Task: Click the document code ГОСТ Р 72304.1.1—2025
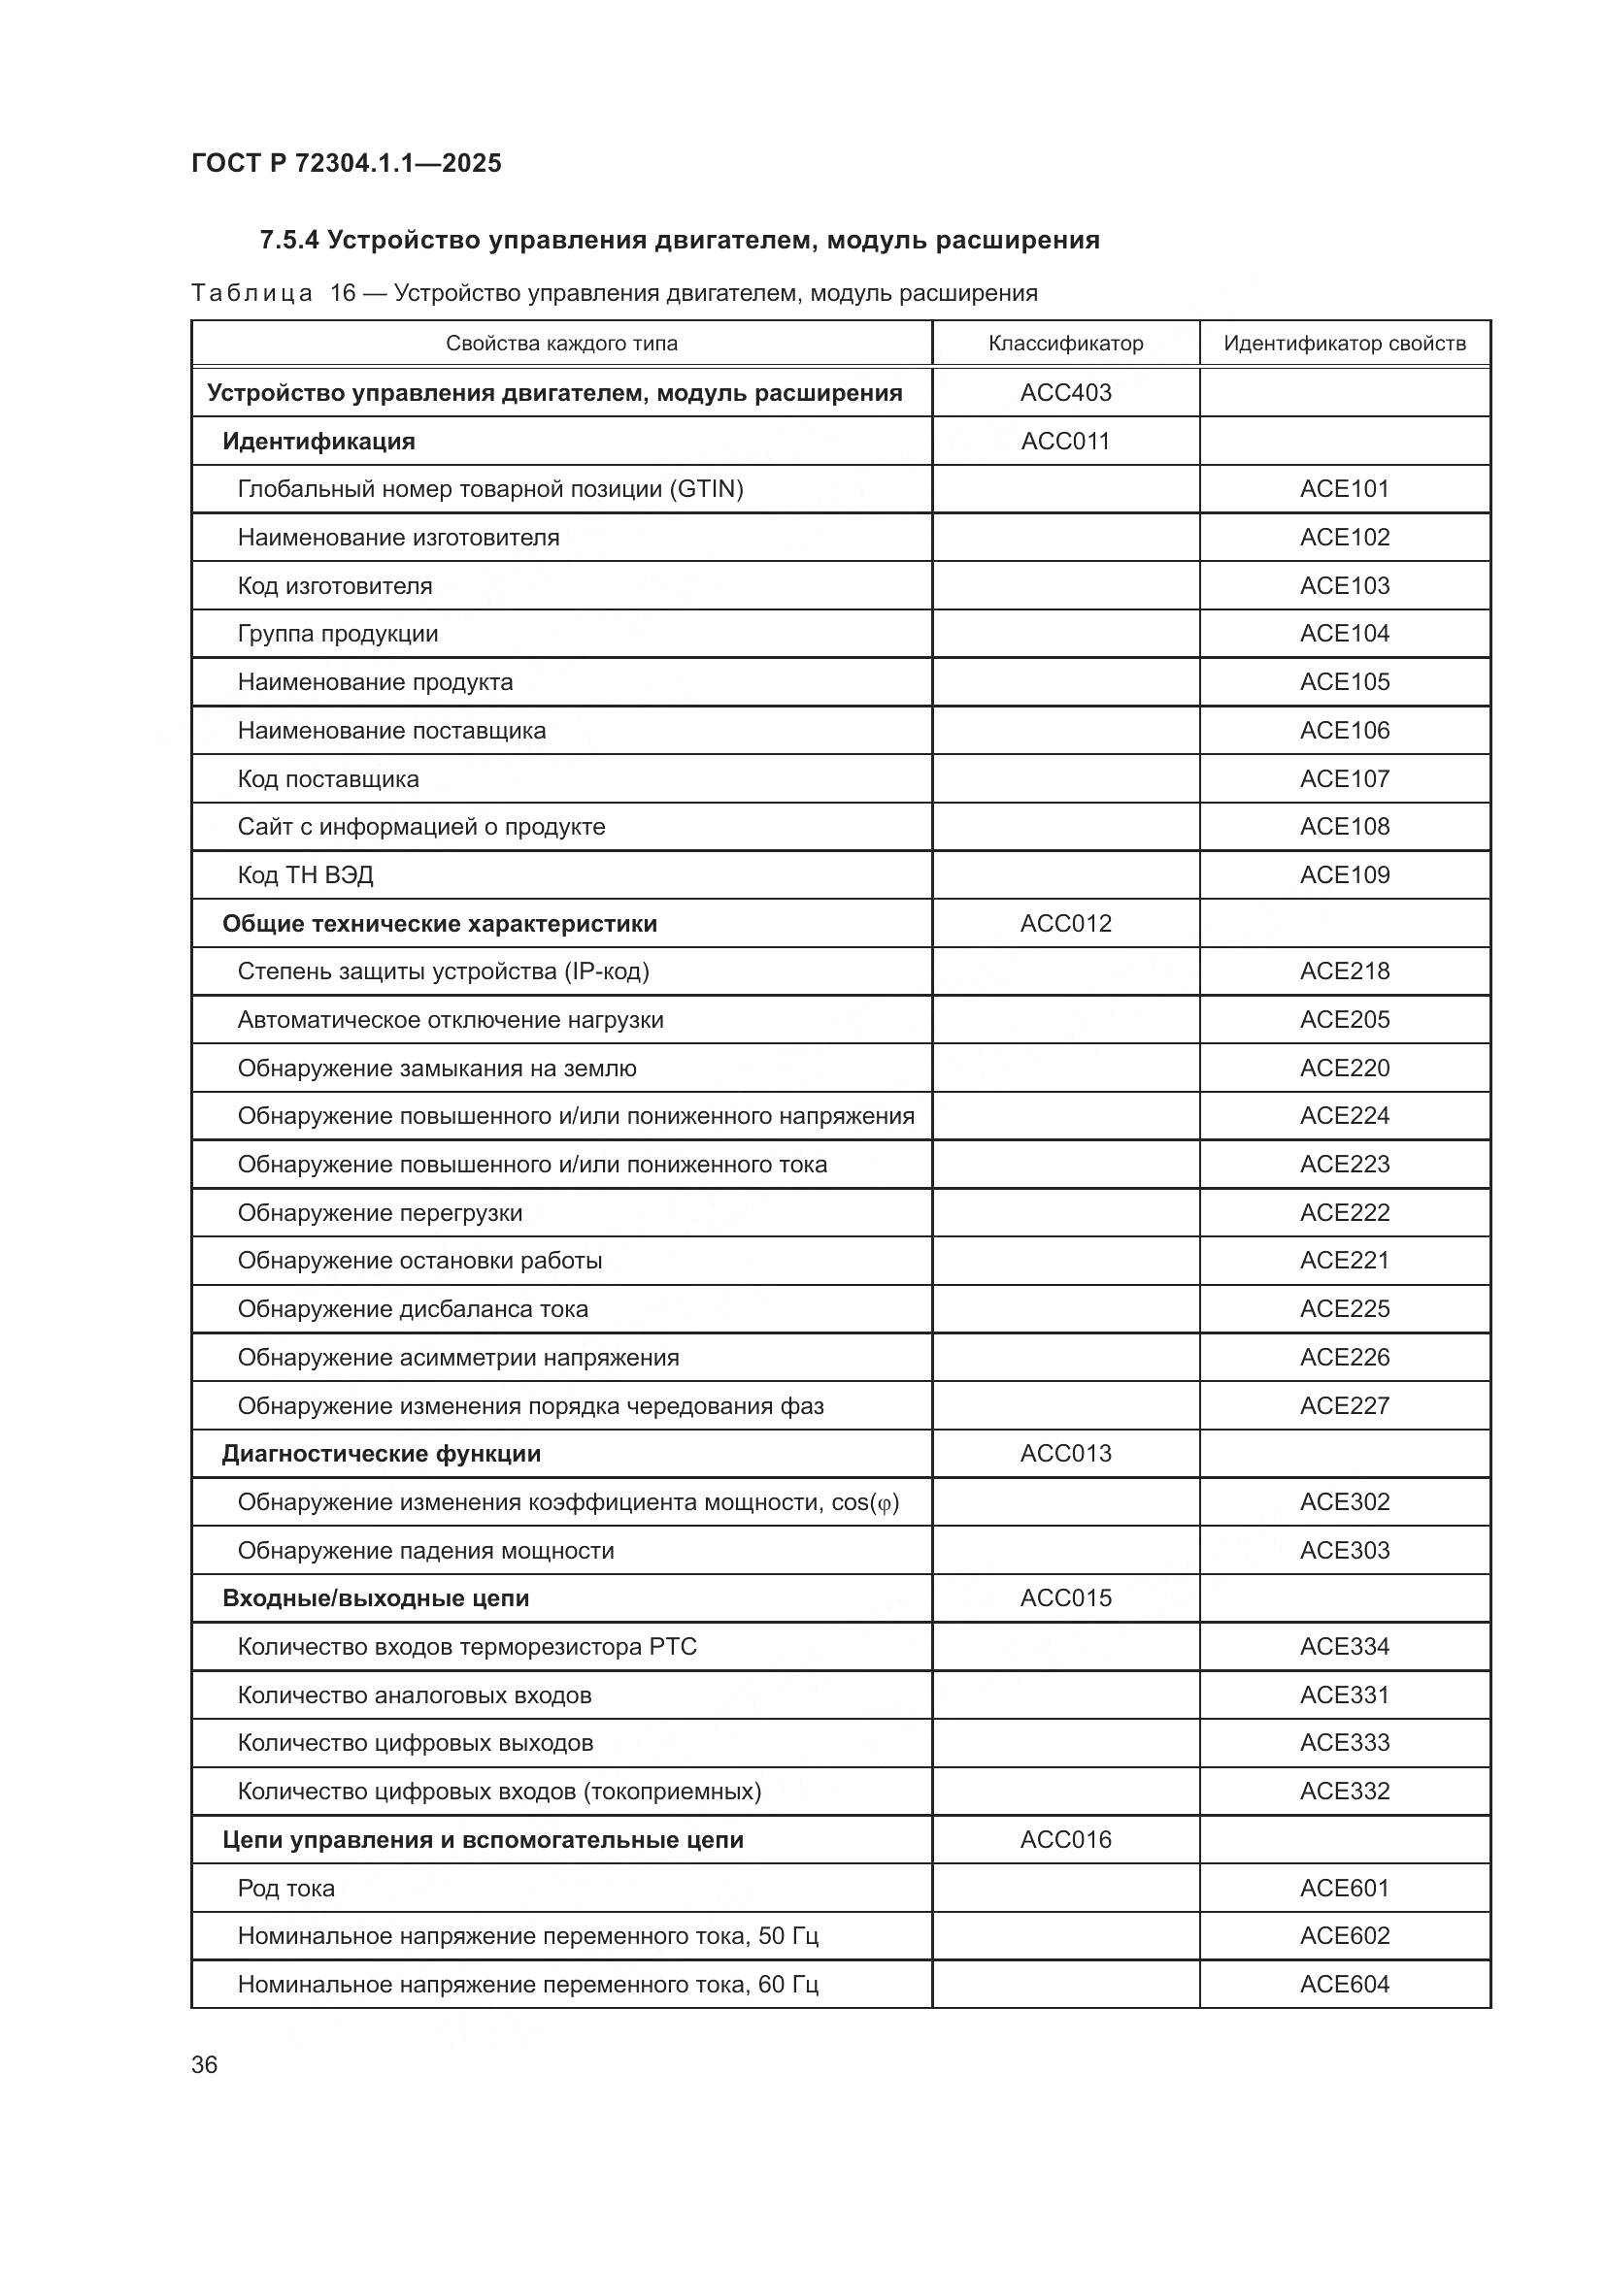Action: coord(346,163)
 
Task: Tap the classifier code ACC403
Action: coord(1065,392)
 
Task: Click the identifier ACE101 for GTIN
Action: coord(1344,488)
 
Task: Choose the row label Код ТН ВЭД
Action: coord(305,875)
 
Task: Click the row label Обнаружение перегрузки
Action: coord(380,1213)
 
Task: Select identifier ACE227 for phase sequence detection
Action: coord(1344,1406)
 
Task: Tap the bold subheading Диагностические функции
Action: coord(381,1454)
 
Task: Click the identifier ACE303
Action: coord(1344,1550)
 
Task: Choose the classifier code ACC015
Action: coord(1065,1597)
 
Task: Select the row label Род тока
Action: coord(285,1889)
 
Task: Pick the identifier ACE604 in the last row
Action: coord(1344,1985)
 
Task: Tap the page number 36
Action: coord(204,2064)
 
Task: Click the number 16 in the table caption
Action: coord(342,293)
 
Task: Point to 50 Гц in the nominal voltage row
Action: coord(788,1936)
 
